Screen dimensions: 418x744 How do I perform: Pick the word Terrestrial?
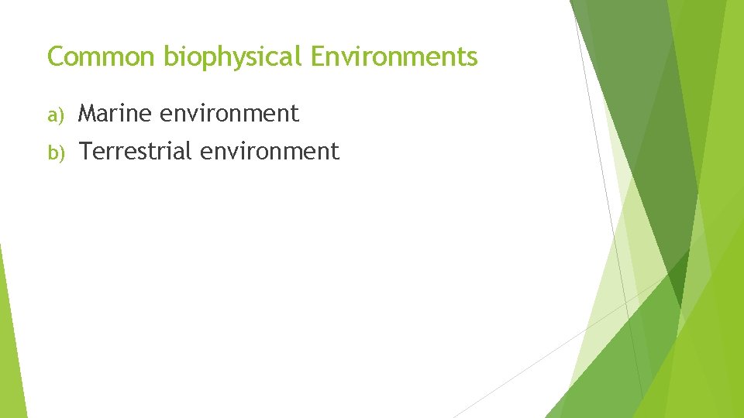(136, 151)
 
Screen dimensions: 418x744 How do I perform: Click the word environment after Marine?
(229, 114)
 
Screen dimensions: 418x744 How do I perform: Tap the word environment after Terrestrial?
(270, 151)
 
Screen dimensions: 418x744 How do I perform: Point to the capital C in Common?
(56, 57)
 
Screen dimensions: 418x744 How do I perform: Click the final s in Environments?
(472, 59)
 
